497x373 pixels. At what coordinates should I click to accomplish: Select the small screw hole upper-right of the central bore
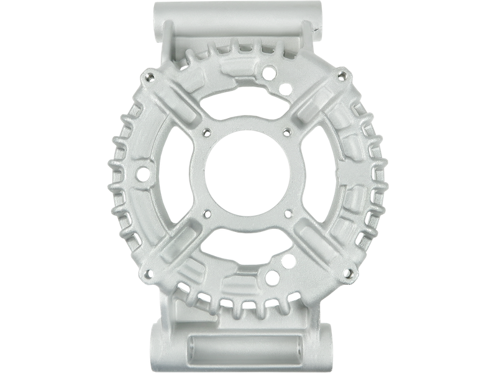click(x=286, y=131)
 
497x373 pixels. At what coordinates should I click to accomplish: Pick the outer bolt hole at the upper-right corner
click(x=343, y=75)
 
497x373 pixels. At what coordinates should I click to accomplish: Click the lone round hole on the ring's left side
click(x=142, y=173)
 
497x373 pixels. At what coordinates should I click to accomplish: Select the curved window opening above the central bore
click(x=247, y=105)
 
